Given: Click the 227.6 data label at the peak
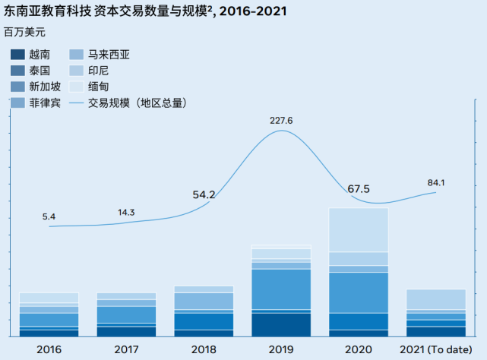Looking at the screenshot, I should click(280, 120).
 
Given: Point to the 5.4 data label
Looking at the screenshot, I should click(49, 216).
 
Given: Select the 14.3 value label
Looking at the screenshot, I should click(126, 212).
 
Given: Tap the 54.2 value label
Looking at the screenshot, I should click(204, 195).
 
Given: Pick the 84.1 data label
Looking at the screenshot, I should click(436, 182).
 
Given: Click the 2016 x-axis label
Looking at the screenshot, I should click(49, 349).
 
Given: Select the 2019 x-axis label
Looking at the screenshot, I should click(280, 349).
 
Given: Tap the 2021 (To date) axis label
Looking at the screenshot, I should click(436, 349).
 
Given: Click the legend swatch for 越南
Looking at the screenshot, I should click(17, 55).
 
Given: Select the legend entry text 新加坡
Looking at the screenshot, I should click(45, 87).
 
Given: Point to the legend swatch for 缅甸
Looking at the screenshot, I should click(76, 87).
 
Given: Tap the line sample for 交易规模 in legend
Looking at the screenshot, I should click(76, 103).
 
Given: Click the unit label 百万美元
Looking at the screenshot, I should click(24, 33).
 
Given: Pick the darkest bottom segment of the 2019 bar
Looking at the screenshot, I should click(280, 324).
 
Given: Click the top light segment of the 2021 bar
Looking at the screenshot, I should click(436, 299).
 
